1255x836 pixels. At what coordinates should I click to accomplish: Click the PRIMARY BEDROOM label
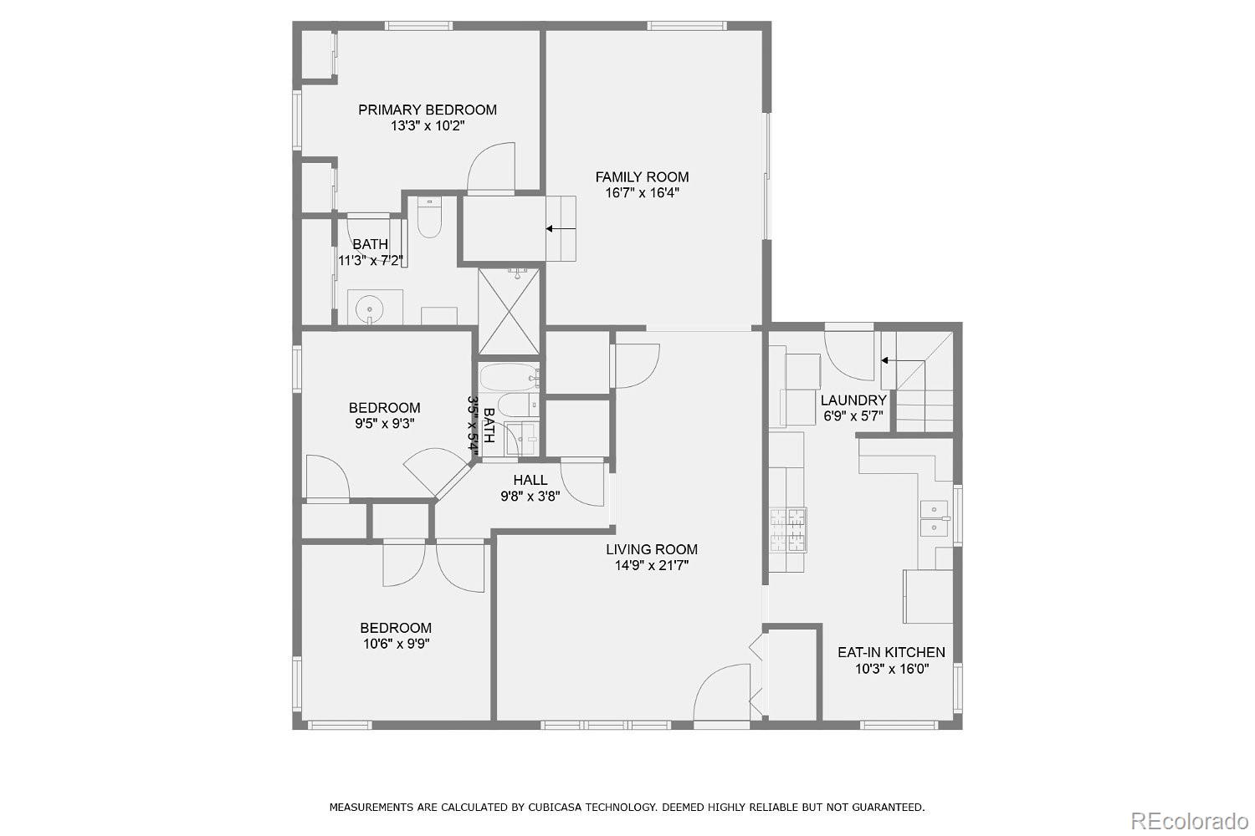(428, 110)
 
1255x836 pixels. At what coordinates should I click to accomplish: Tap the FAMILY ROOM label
(642, 177)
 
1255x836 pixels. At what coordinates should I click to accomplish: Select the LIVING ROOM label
(652, 549)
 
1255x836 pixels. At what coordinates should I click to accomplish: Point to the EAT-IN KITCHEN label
(891, 652)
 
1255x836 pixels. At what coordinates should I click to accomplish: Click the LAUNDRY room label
(853, 400)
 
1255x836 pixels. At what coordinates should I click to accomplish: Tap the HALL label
(530, 480)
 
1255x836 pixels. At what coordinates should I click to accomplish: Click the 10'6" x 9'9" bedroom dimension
(396, 644)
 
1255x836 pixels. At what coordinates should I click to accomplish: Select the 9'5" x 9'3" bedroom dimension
(384, 423)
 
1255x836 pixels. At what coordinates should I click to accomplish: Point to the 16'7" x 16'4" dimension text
(642, 193)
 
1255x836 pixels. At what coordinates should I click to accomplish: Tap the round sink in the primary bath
(369, 308)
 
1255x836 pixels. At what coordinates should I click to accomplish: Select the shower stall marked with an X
(509, 311)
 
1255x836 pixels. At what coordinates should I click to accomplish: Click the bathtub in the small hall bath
(509, 377)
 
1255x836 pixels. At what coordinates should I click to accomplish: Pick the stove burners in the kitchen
(788, 530)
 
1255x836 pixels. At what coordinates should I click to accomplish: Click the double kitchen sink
(934, 518)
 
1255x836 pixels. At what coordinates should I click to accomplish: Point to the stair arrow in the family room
(561, 228)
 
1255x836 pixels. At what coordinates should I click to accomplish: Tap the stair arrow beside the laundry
(903, 360)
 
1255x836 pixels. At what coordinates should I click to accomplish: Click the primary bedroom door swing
(491, 167)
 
